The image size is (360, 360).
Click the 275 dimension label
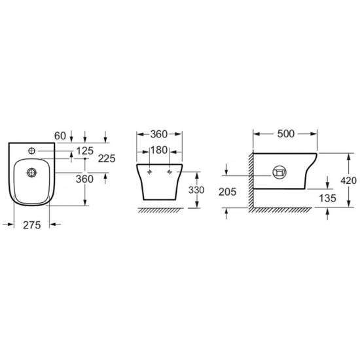(x=32, y=225)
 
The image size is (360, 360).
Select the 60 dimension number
(x=60, y=135)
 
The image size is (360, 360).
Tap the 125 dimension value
(x=85, y=151)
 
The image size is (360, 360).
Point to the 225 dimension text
(x=107, y=158)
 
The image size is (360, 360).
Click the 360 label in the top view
(x=84, y=179)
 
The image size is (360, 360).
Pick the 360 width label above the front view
(x=159, y=134)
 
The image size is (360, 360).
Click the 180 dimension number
(x=159, y=150)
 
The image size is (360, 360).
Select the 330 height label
(x=196, y=190)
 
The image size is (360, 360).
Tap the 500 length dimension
(x=285, y=134)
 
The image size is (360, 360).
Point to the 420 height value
(x=348, y=181)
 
